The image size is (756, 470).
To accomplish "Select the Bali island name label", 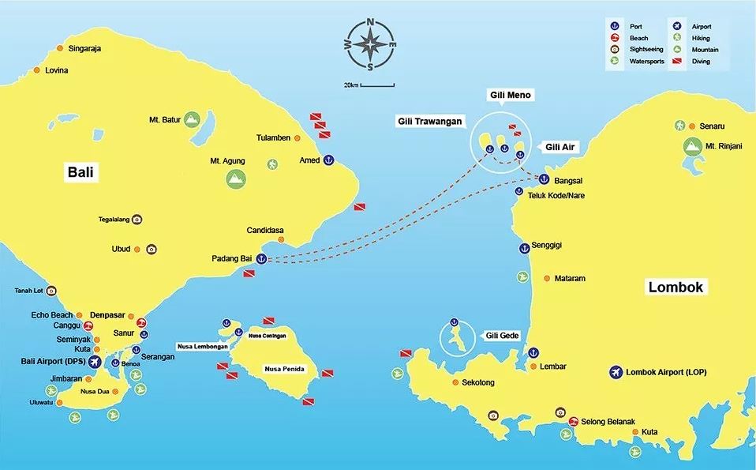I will coord(81,173).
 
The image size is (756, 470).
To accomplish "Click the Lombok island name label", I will coord(675,287).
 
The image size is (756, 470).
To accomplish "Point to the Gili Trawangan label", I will coord(429,122).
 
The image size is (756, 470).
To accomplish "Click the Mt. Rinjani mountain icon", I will coord(692,146).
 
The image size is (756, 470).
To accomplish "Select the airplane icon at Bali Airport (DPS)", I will coord(96,362).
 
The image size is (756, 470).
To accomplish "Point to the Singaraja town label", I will coord(85,48).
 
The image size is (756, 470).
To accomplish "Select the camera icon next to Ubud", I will coord(152,249).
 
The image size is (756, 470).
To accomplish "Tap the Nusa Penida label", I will coord(284,369).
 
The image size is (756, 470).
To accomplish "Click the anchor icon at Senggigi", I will coord(522,249).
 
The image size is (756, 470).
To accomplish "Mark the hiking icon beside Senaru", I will coord(679,126).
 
